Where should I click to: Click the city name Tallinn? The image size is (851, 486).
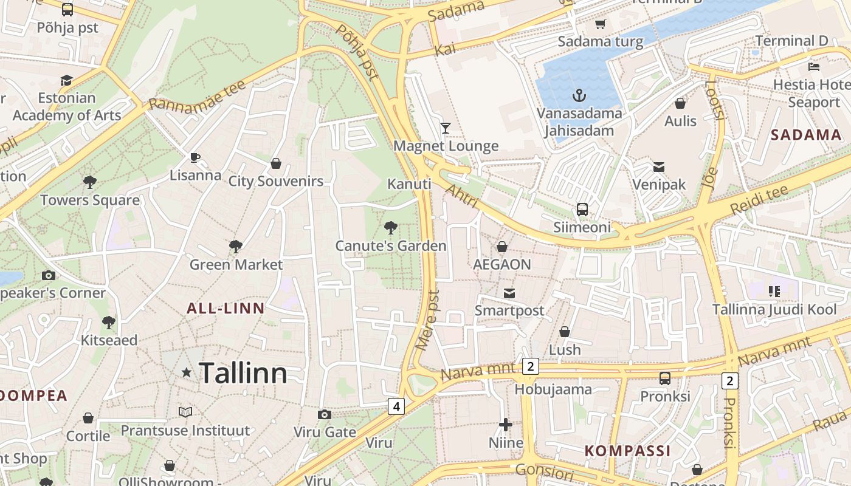243,372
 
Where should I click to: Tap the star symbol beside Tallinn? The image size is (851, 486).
187,372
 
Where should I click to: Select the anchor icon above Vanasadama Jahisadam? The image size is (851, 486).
579,95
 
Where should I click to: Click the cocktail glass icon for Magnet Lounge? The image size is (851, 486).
446,128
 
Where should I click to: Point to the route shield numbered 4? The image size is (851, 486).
396,406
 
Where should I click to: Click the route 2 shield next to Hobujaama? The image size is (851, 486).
531,366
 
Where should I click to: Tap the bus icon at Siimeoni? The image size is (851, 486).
582,210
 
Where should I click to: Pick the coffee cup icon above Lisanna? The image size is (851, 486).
195,158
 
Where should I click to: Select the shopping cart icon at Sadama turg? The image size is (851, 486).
601,24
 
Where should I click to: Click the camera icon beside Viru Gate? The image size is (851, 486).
325,414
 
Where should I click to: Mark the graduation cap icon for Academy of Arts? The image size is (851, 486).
66,80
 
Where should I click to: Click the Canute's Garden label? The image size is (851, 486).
391,246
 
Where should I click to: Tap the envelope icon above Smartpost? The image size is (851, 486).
509,293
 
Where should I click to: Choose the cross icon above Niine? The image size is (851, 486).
506,425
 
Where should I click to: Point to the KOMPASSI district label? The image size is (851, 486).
628,451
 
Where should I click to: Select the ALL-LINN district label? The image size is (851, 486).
226,309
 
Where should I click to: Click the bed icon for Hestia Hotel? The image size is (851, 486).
814,66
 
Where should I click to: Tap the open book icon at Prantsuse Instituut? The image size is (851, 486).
185,412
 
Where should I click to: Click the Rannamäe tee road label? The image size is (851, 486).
198,95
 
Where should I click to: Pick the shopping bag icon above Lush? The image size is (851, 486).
565,332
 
